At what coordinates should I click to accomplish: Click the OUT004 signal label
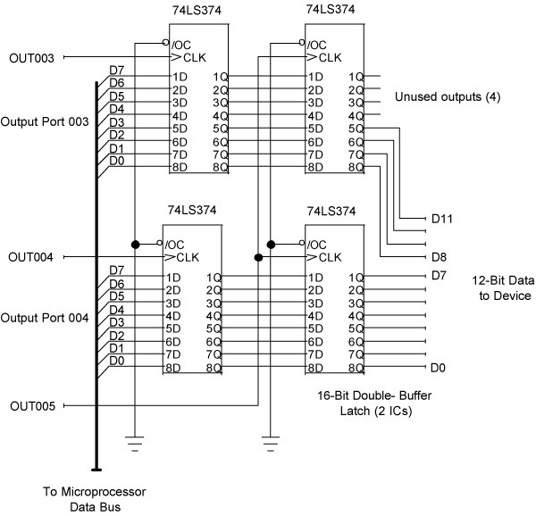tap(31, 257)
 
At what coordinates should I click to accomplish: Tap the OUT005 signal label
tap(31, 406)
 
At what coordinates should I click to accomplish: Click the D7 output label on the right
tap(439, 275)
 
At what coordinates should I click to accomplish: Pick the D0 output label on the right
tap(439, 368)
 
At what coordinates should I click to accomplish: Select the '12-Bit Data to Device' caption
tap(501, 287)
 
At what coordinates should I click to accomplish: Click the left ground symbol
tap(134, 439)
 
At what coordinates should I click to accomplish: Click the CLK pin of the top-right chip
tap(331, 58)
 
